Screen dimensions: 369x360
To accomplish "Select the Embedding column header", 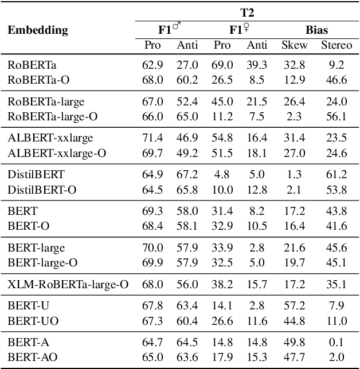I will tap(38, 30).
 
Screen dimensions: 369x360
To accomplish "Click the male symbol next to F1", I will tap(177, 26).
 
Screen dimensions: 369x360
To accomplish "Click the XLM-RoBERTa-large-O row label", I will tap(68, 284).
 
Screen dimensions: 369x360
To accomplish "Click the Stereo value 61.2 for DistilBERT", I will tap(336, 174).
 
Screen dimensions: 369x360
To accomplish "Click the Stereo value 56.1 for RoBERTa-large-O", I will tap(336, 116).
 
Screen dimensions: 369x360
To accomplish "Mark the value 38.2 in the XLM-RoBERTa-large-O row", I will tap(222, 284).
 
